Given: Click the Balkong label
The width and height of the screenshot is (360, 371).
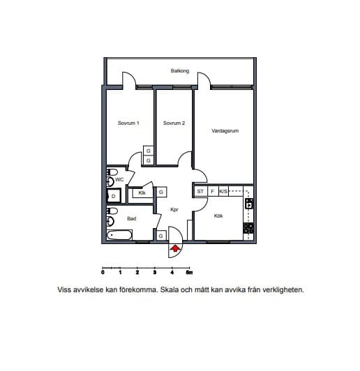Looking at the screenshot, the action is pos(180,70).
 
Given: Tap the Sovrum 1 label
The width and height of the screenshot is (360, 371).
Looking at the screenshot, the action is pos(128,123).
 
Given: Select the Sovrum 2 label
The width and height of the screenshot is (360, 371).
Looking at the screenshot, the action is pos(174,123).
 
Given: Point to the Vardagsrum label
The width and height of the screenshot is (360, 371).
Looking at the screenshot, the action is pos(225,131).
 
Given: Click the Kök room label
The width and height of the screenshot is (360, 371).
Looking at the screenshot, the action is pos(218,215).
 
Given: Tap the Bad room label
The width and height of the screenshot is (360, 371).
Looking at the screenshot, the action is pos(132,219).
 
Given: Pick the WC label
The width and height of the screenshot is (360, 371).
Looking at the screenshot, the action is pos(119,180).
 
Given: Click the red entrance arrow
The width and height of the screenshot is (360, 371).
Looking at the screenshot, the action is pos(175,248).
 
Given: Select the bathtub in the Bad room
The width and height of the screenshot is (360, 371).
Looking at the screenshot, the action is pos(119,235).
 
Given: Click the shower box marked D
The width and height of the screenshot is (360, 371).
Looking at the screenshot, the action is pos(114,196).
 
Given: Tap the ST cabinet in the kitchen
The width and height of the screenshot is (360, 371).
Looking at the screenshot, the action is pos(201,191).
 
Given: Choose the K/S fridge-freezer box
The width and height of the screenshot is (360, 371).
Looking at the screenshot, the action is pos(223,191).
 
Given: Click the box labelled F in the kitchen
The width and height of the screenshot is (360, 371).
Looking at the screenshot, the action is pos(213,191).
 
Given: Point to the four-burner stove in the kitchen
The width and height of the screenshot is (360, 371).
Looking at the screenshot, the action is pos(248,228).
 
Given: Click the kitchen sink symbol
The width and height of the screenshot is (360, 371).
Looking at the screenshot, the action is pos(249,204).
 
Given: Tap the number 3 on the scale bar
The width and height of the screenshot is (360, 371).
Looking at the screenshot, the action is pos(155,273).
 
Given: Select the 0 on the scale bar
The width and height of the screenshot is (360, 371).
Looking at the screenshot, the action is pos(103,273).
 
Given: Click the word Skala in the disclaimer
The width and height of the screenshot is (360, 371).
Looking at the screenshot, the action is pos(170,289).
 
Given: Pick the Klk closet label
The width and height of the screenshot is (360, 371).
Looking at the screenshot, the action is pos(142,193).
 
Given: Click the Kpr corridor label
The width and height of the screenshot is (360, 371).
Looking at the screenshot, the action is pos(174,210).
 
